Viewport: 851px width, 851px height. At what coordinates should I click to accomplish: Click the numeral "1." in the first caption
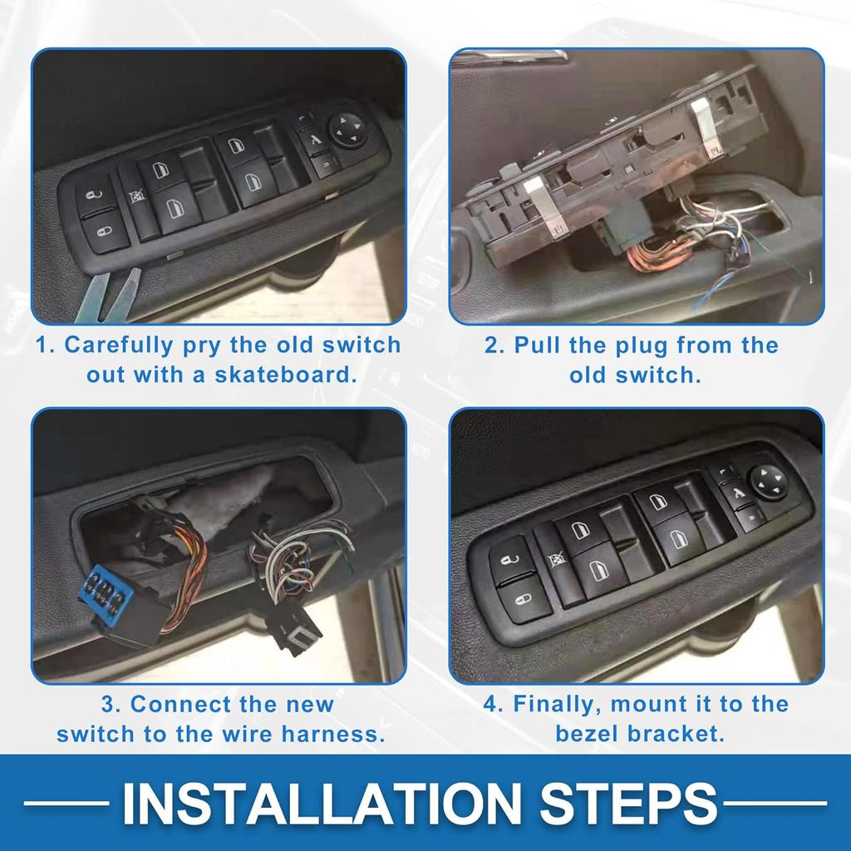click(47, 346)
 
